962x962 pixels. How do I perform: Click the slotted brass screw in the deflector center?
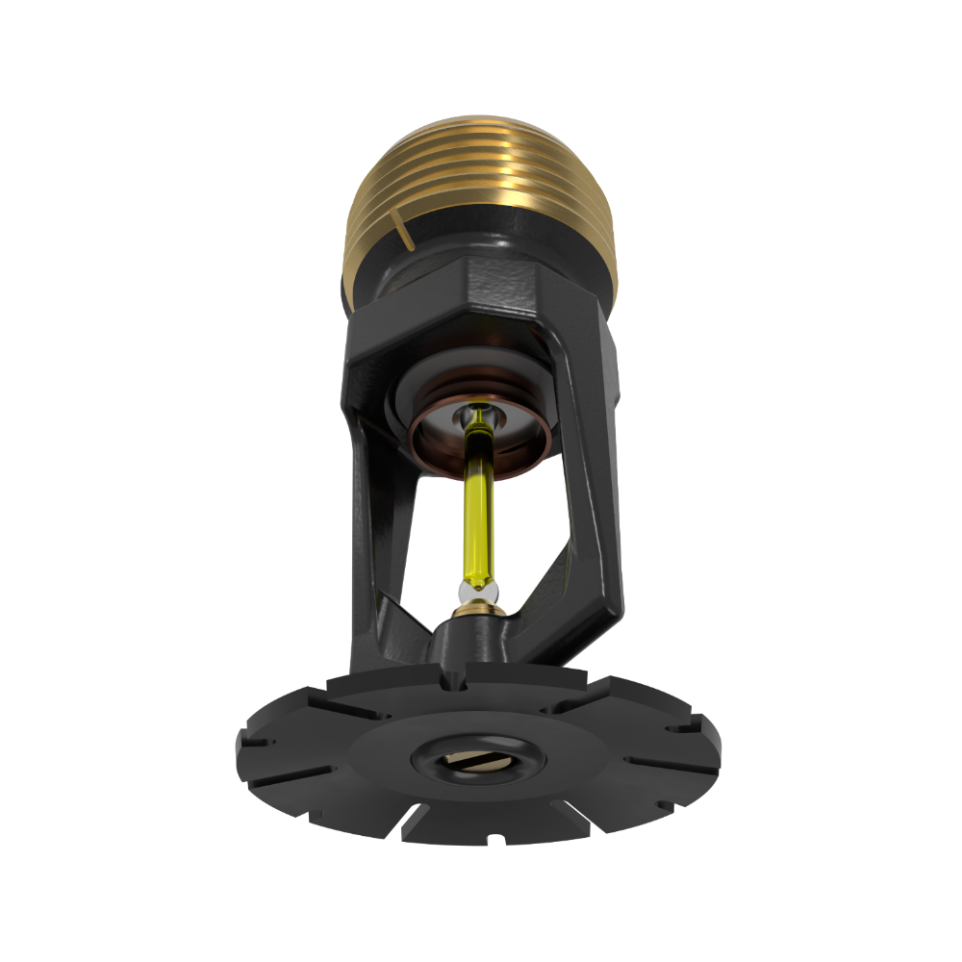(x=477, y=760)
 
